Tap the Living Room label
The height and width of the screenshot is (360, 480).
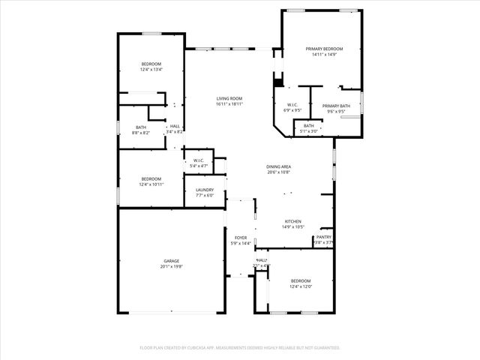click(x=229, y=99)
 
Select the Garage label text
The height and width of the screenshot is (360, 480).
click(x=172, y=261)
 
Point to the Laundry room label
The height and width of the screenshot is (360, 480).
click(x=205, y=190)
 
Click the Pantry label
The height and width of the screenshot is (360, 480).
click(x=324, y=237)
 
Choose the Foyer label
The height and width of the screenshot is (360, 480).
click(x=241, y=237)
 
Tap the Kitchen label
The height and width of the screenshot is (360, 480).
click(x=292, y=221)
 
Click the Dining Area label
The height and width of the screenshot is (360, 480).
click(x=278, y=166)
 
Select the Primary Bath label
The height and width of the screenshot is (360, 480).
click(x=336, y=106)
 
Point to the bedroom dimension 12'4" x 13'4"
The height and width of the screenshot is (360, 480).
click(x=151, y=70)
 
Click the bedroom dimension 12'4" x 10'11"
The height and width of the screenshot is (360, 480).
click(x=151, y=184)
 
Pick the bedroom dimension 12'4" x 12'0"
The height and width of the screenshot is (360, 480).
click(x=301, y=286)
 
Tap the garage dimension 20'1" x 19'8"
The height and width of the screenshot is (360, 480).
click(x=172, y=266)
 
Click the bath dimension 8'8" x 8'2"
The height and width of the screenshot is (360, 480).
click(x=141, y=133)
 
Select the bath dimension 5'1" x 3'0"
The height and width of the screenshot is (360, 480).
click(x=308, y=131)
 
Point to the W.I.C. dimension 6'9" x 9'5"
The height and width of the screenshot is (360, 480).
click(x=293, y=110)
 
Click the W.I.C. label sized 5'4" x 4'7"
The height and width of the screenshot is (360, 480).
click(x=199, y=160)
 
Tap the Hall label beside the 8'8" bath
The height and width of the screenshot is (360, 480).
click(x=174, y=126)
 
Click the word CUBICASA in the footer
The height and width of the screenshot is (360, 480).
click(x=196, y=348)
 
